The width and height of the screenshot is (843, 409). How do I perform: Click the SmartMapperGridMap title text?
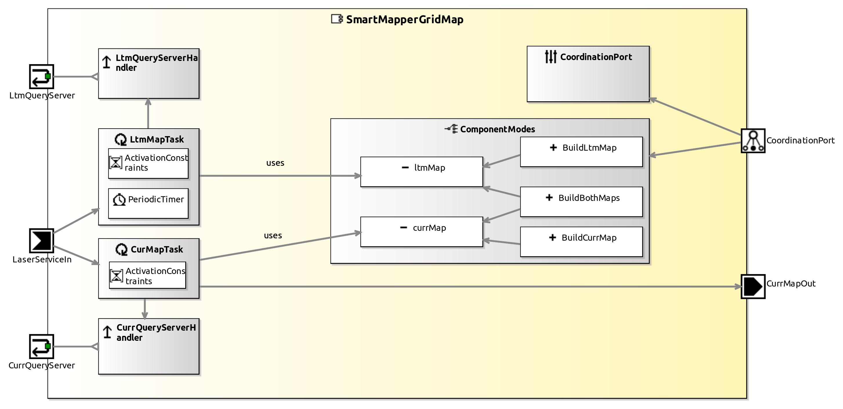coord(405,20)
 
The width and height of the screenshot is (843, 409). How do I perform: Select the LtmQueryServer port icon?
coord(41,77)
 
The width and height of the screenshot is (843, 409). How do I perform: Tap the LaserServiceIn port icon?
coord(41,241)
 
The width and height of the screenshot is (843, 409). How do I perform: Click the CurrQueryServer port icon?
coord(41,347)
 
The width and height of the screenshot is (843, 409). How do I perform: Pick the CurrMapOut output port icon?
coord(753,287)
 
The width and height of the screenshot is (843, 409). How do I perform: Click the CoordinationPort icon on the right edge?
coord(753,141)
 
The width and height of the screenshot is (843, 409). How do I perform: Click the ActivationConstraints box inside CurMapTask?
coord(148,275)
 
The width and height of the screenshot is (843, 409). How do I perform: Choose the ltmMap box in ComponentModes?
coord(422,172)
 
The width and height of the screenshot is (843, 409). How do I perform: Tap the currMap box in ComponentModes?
coord(422,232)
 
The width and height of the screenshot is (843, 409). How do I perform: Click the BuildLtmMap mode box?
coord(581,152)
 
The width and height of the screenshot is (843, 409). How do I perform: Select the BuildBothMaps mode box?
coord(581,202)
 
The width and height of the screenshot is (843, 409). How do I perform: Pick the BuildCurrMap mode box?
coord(581,242)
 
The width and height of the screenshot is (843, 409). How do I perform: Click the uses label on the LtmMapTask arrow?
coord(275,163)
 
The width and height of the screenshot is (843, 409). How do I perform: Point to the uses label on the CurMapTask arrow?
coord(273,236)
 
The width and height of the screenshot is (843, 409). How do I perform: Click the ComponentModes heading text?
coord(497,129)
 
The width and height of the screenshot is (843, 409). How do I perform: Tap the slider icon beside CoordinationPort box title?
coord(550,57)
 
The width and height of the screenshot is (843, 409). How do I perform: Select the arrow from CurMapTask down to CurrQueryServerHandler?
coord(145,309)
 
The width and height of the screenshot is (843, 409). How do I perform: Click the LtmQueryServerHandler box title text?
coord(156,62)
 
